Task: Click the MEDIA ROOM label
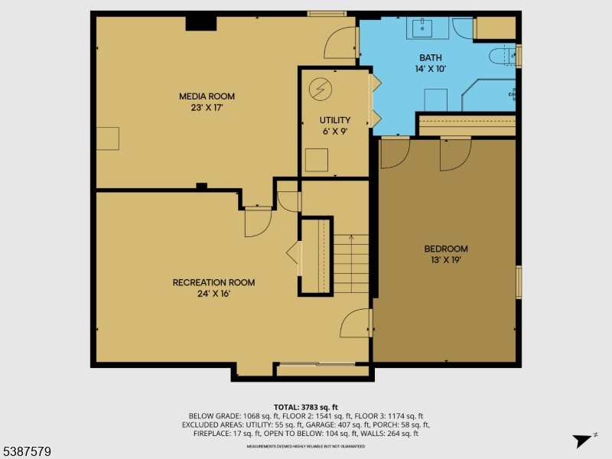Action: (x=207, y=96)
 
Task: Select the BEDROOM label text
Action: (x=446, y=249)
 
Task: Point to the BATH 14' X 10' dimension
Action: (x=430, y=69)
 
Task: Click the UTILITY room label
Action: (x=335, y=120)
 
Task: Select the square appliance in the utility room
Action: (x=316, y=160)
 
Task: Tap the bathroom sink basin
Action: (x=423, y=28)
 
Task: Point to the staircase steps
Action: (x=351, y=264)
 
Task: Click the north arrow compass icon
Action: (x=584, y=439)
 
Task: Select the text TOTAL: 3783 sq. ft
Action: (x=306, y=407)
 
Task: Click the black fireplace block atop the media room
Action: (x=200, y=23)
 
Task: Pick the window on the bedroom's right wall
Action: (x=519, y=282)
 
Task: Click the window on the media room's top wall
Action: (x=327, y=14)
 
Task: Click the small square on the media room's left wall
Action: (x=108, y=138)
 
